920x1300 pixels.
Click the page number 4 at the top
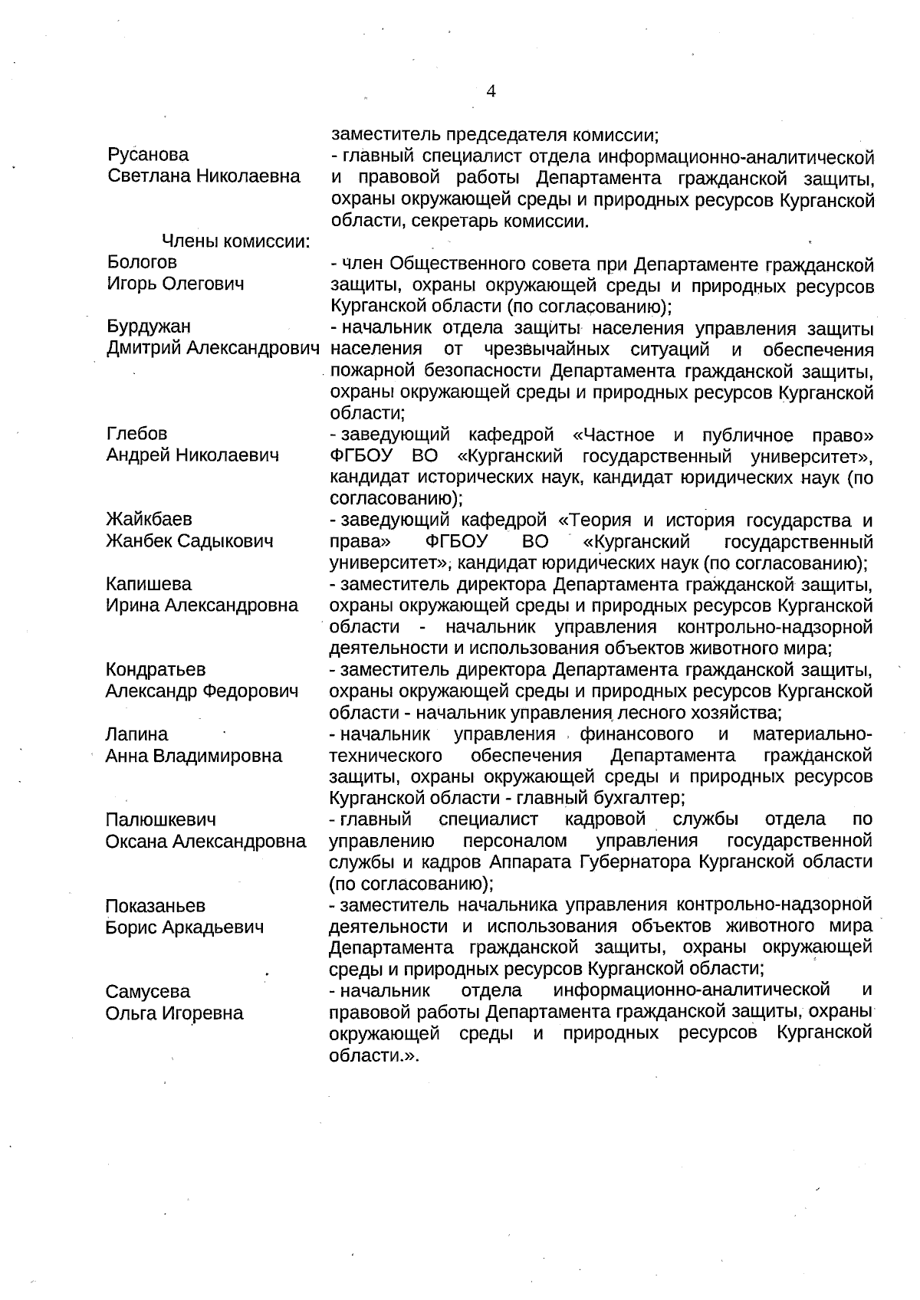coord(491,91)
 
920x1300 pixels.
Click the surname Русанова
coord(148,155)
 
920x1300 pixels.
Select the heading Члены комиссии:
coord(235,242)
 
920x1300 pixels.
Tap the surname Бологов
coord(143,263)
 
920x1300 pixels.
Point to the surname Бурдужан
coord(149,327)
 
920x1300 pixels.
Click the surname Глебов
coord(136,434)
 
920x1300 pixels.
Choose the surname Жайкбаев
coord(149,520)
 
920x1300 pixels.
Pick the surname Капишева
coord(149,584)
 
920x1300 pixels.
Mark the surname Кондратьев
coord(156,670)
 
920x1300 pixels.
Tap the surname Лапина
coord(136,734)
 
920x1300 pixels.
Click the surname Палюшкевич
coord(161,820)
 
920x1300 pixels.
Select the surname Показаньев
coord(156,906)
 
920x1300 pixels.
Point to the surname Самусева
coord(148,992)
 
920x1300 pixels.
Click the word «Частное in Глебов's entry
coord(613,435)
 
